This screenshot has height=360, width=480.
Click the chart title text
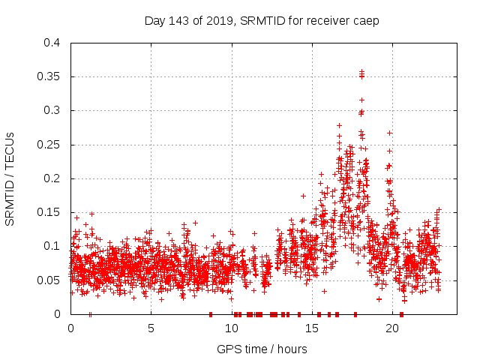(262, 21)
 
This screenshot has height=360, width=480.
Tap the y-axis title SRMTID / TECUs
(10, 178)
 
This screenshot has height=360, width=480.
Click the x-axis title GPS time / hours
(262, 349)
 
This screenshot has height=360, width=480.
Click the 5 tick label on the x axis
(151, 328)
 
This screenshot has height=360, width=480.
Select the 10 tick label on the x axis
(231, 328)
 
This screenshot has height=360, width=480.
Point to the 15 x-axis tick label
(311, 328)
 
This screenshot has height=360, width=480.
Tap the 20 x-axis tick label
(391, 328)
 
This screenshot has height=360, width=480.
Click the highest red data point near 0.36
(361, 71)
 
